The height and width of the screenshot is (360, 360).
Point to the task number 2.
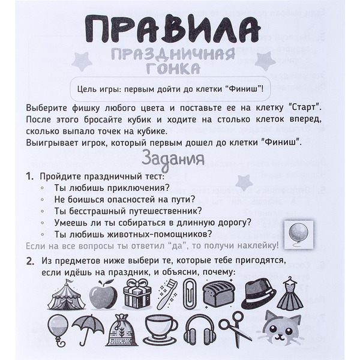click(30, 262)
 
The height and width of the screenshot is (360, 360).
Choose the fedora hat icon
click(259, 293)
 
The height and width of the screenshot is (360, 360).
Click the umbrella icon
click(88, 329)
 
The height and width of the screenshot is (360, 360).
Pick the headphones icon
click(197, 329)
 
